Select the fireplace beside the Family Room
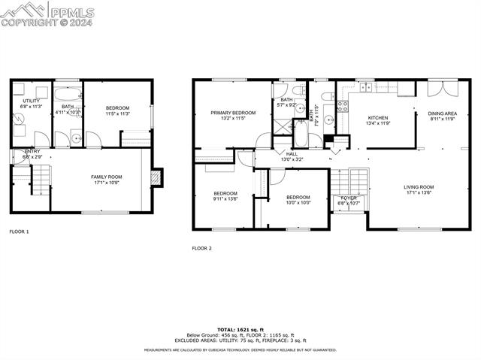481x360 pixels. (x=156, y=177)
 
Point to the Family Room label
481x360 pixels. (x=106, y=179)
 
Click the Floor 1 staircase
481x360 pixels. (x=37, y=180)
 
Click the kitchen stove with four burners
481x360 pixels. (x=342, y=106)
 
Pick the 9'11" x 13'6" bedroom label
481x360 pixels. (x=225, y=196)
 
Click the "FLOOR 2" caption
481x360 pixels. (x=201, y=248)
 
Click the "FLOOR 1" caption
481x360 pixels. (x=19, y=232)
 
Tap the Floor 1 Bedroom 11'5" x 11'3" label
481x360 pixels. (x=116, y=110)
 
